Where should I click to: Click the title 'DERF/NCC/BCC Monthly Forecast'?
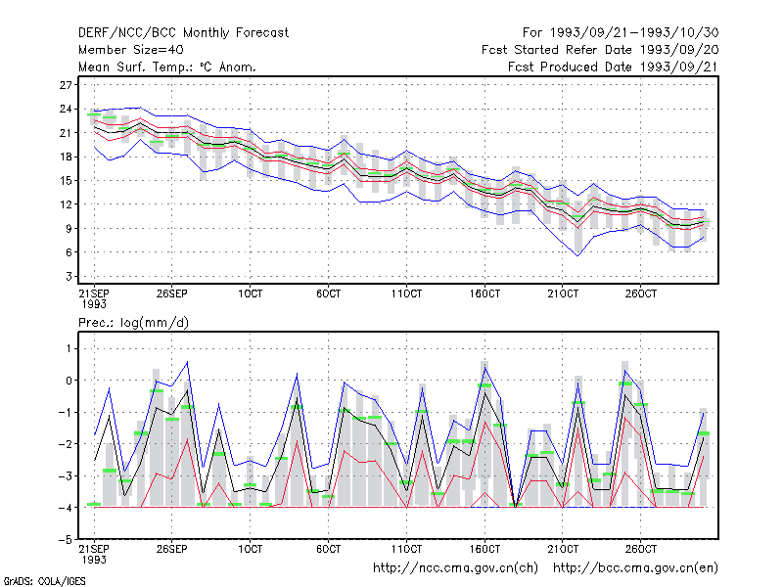point(183,33)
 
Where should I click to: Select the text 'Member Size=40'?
point(131,50)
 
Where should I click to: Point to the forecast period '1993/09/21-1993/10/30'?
point(634,33)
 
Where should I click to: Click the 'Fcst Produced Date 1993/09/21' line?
point(614,67)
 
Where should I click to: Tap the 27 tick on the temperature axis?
point(66,85)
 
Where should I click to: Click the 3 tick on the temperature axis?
point(69,277)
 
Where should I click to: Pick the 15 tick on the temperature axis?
point(66,181)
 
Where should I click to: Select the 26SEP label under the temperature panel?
point(172,293)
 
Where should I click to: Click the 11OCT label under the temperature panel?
point(406,293)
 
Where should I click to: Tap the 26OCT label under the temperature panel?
point(641,293)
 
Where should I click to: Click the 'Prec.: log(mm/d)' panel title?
point(133,323)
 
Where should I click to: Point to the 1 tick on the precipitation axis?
point(69,348)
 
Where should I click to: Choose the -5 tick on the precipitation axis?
point(65,540)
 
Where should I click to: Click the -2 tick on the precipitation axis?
point(65,444)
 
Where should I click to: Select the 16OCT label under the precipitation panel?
point(484,549)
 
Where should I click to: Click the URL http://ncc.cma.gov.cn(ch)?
point(455,568)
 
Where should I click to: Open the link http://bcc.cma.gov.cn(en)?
point(635,568)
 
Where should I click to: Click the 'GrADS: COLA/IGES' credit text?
point(44,581)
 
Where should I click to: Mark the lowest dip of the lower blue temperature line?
point(578,256)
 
